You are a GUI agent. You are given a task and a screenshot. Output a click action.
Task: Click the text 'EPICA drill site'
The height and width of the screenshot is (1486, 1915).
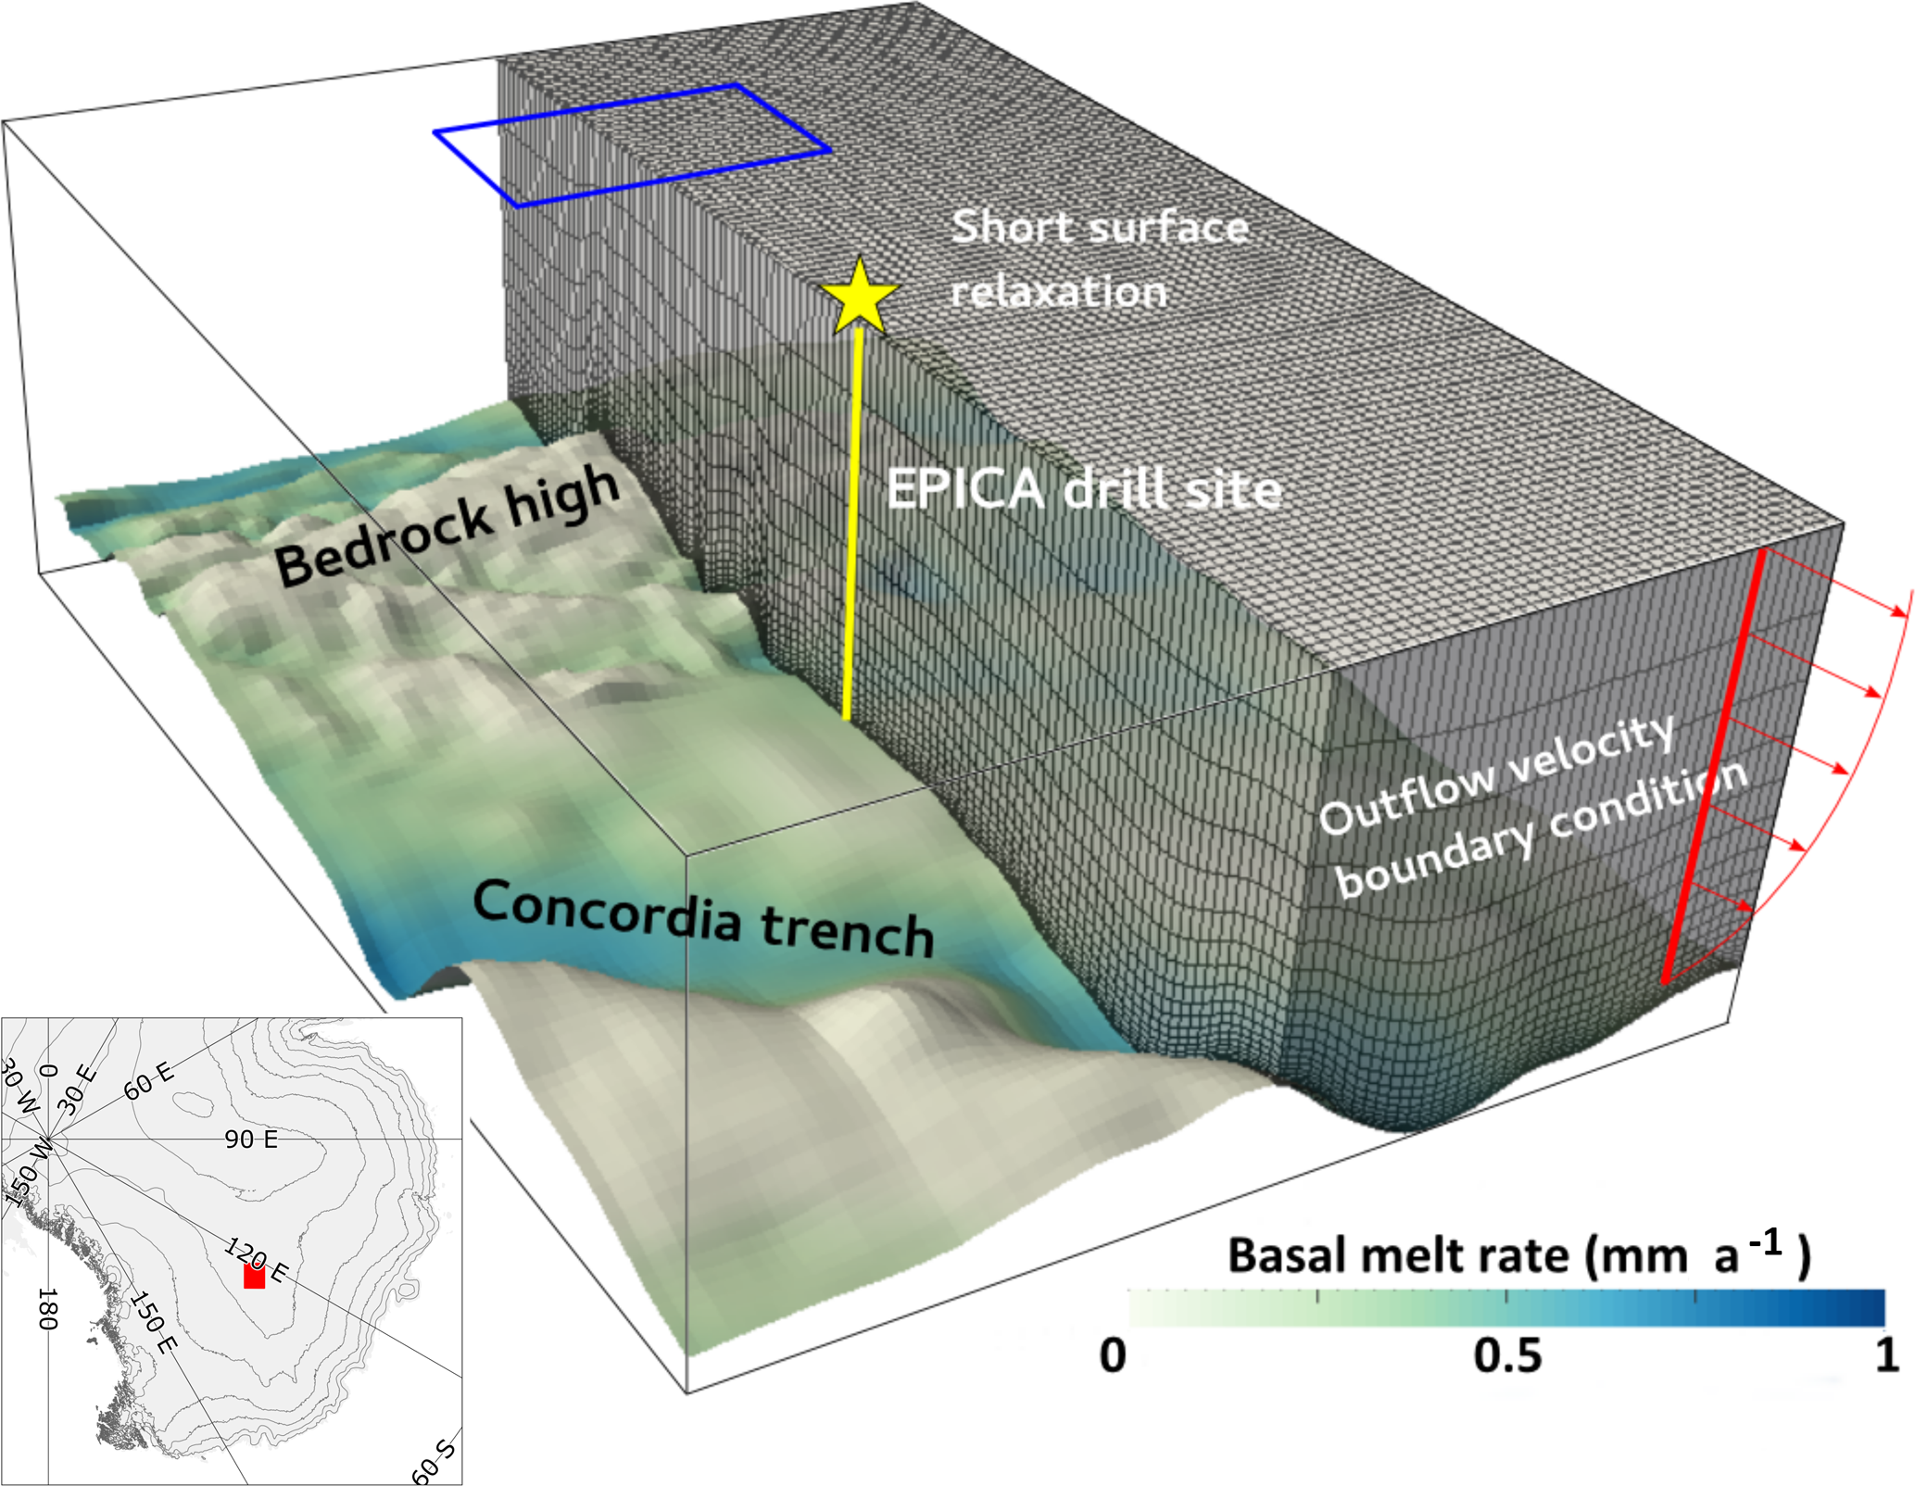[1083, 488]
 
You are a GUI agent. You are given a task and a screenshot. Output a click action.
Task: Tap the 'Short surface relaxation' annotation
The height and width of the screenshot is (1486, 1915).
[1100, 258]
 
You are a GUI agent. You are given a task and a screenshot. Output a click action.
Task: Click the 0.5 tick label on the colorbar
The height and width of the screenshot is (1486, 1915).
[1507, 1355]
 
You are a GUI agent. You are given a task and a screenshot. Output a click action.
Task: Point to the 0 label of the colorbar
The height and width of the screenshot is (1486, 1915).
[1113, 1355]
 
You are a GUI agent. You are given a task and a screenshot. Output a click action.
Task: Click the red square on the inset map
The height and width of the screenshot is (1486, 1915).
[254, 1277]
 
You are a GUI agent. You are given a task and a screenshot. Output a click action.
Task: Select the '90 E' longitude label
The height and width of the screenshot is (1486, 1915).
[251, 1139]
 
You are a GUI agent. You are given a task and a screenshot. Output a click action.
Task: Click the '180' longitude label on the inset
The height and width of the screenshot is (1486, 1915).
[47, 1309]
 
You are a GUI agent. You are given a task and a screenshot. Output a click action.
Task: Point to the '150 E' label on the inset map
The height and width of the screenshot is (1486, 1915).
[153, 1323]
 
